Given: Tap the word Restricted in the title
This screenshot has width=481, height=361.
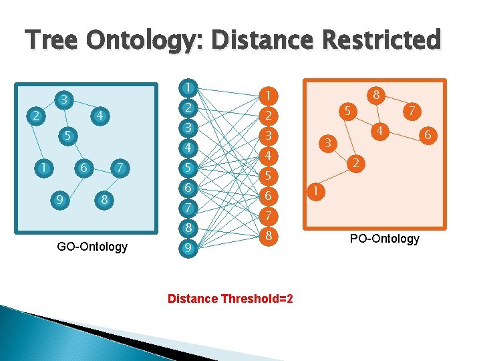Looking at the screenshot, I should (x=381, y=40).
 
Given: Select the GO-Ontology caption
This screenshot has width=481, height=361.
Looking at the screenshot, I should (x=92, y=247).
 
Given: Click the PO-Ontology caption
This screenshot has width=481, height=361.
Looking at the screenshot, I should (x=385, y=239).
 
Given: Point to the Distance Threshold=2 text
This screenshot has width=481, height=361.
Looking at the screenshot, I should (x=230, y=298).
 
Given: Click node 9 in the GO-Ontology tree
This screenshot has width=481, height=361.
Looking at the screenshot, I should (x=61, y=199).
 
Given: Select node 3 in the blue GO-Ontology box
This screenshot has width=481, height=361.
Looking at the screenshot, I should (x=63, y=98).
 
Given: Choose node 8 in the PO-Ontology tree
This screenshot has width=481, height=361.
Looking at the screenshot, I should (x=377, y=95).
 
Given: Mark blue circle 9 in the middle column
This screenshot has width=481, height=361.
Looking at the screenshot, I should (x=190, y=249).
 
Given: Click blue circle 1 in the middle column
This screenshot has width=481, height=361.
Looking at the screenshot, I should (x=190, y=88).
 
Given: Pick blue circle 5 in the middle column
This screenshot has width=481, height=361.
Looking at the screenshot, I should (x=190, y=168).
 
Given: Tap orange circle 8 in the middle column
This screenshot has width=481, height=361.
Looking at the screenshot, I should (x=267, y=236).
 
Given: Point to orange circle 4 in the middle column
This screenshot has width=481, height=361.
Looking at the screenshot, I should (x=267, y=156).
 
